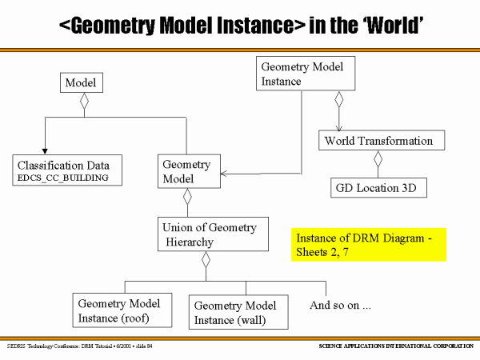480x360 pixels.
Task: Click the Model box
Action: [x=82, y=82]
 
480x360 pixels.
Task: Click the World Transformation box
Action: [x=378, y=142]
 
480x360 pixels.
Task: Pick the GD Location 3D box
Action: [x=378, y=188]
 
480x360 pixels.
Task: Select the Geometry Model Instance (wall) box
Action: [x=236, y=313]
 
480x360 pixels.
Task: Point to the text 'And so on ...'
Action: [x=341, y=305]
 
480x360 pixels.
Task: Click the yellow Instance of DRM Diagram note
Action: [x=368, y=244]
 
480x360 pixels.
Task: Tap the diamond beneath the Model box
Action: [x=82, y=102]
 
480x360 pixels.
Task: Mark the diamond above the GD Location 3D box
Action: [x=378, y=159]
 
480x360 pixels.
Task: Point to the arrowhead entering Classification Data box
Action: [x=45, y=149]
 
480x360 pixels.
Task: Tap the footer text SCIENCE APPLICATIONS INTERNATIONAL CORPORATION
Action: [x=390, y=346]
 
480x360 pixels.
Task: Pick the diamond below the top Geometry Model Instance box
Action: [x=339, y=99]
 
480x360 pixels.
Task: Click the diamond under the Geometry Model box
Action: [x=188, y=196]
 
